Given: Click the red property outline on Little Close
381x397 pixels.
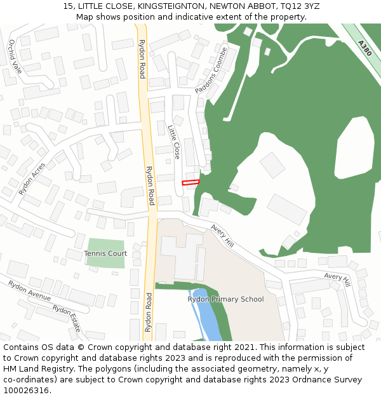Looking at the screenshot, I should (190, 182).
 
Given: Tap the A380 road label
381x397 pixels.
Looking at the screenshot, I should (364, 48).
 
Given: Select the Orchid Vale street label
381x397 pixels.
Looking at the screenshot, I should (15, 57).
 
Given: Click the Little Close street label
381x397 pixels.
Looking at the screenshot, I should (174, 142).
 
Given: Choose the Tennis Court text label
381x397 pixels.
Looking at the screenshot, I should (105, 253).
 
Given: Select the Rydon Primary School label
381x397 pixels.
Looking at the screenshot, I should (225, 299).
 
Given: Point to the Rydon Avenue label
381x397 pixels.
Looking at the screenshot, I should (29, 291).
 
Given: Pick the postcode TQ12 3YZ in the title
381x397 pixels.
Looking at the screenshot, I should (298, 6).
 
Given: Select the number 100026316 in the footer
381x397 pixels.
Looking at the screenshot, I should (26, 391).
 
